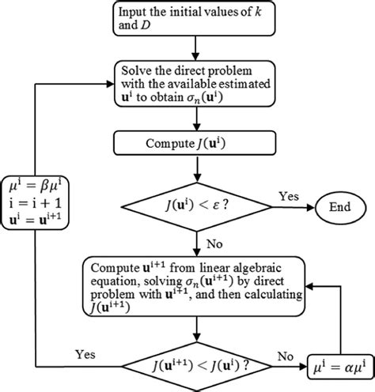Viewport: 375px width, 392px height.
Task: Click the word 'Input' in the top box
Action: (133, 13)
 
